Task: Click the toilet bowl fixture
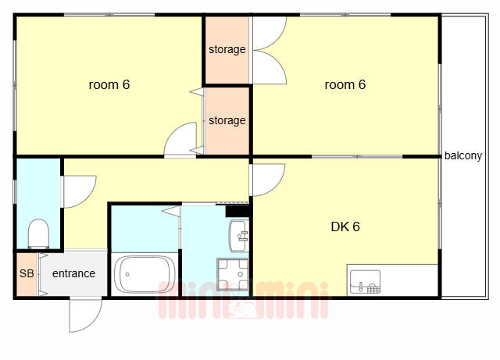pyautogui.click(x=38, y=233)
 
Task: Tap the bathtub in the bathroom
pyautogui.click(x=145, y=274)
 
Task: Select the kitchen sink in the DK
pyautogui.click(x=365, y=282)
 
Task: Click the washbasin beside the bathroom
pyautogui.click(x=238, y=236)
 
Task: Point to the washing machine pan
pyautogui.click(x=233, y=274)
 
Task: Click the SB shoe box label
pyautogui.click(x=27, y=273)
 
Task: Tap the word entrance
pyautogui.click(x=73, y=273)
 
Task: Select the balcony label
pyautogui.click(x=463, y=155)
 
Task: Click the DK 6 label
pyautogui.click(x=345, y=226)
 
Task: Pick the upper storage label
pyautogui.click(x=227, y=49)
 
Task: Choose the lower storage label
pyautogui.click(x=227, y=120)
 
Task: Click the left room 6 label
pyautogui.click(x=109, y=85)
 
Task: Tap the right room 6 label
pyautogui.click(x=345, y=85)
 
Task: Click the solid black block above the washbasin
pyautogui.click(x=237, y=211)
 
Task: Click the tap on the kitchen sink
pyautogui.click(x=361, y=287)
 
